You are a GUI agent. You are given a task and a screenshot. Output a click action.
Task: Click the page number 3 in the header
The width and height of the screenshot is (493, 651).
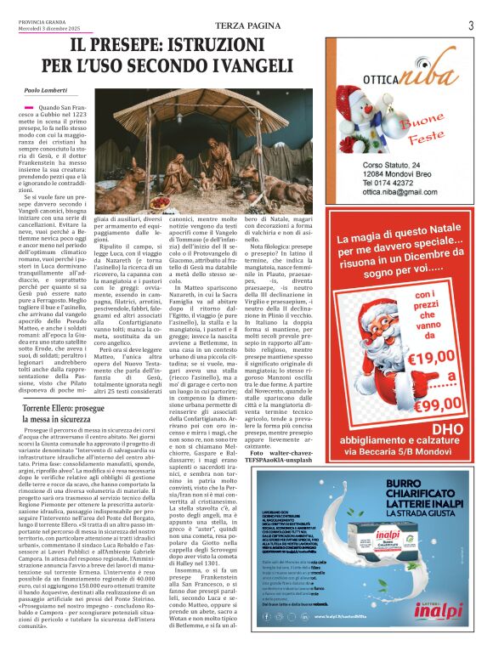470,25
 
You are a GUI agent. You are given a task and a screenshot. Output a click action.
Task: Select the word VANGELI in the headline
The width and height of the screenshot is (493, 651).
248,64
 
